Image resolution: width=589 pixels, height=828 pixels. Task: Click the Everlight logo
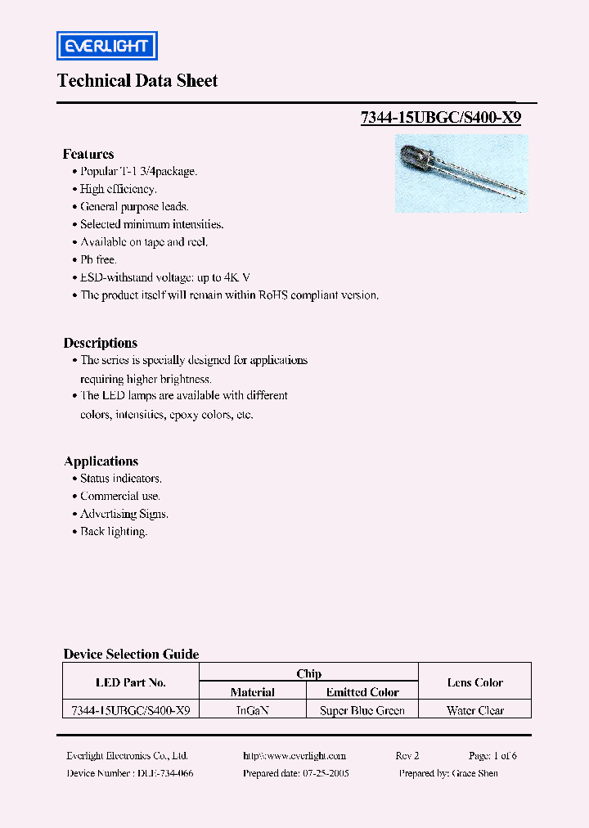(106, 46)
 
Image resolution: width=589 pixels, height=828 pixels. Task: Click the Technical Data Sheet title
(137, 81)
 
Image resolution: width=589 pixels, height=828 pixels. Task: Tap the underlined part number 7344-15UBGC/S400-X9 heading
(441, 117)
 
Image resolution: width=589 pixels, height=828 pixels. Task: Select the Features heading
(88, 154)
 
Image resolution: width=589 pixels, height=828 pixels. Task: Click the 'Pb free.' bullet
(98, 259)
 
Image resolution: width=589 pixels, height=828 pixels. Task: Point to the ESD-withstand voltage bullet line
(170, 277)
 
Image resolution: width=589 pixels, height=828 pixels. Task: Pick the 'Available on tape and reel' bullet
(144, 242)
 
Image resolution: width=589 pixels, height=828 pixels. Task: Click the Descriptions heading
(101, 343)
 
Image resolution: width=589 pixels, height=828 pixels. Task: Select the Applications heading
(101, 461)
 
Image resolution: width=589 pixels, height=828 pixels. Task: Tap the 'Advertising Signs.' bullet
(124, 514)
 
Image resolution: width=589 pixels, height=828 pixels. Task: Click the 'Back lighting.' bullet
(113, 532)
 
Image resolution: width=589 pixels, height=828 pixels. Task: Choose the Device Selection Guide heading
(131, 654)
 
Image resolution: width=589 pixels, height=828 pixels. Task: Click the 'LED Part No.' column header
(131, 682)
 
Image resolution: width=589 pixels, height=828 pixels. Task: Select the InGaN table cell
(252, 711)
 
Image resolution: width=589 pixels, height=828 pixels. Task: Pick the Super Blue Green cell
(362, 711)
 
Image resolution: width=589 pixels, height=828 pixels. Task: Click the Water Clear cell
(475, 711)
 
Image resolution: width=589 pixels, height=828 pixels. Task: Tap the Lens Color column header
(475, 682)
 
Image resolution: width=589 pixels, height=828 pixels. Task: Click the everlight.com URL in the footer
(294, 756)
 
